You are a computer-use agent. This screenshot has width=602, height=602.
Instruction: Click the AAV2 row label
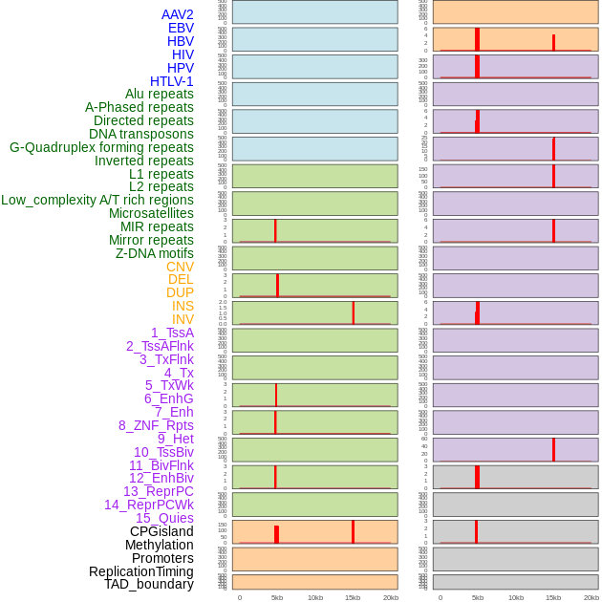177,14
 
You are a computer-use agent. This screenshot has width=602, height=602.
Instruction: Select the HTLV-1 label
171,81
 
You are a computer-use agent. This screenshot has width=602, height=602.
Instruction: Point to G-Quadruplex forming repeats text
101,147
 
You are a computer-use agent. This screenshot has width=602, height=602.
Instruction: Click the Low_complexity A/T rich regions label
97,200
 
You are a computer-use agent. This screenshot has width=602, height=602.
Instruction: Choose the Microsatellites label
151,213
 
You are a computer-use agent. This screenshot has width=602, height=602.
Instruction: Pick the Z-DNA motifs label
154,253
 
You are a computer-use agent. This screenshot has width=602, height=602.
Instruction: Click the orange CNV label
180,267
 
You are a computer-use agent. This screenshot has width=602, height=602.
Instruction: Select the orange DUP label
180,292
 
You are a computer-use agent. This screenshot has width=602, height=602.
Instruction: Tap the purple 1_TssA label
172,333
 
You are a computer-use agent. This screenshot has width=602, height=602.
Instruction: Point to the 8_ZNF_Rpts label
156,425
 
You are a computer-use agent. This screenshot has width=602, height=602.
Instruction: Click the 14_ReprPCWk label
148,505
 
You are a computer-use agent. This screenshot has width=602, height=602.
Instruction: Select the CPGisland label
161,531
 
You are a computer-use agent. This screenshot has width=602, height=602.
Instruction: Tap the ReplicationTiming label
140,571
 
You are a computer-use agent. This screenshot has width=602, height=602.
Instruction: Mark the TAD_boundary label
148,584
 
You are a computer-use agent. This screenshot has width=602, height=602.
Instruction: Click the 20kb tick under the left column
390,597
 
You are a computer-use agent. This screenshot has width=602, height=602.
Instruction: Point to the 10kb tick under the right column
516,597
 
